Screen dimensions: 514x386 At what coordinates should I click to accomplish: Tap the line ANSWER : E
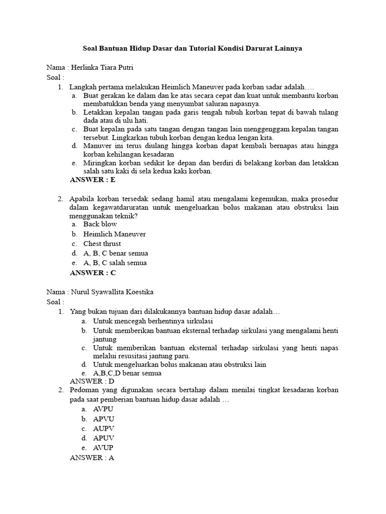tap(92, 180)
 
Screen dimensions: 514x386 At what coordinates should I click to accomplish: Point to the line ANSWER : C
tap(92, 273)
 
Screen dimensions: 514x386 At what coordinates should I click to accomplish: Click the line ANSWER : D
tap(92, 381)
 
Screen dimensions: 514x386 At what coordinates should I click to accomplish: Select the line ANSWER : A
tap(92, 458)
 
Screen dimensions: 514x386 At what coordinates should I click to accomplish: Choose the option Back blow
tap(100, 224)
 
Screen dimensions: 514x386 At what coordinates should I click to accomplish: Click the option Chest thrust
tap(102, 243)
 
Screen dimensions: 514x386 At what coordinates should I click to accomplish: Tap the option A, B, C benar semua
tap(116, 253)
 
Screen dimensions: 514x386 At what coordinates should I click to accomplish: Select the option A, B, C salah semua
tap(115, 263)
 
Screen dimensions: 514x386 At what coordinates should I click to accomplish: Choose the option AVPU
tap(104, 409)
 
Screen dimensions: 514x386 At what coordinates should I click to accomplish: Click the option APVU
tap(104, 419)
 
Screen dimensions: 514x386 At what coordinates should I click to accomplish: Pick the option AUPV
tap(104, 428)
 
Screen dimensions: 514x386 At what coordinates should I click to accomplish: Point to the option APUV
tap(104, 438)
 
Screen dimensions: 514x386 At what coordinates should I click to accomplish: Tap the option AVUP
tap(104, 447)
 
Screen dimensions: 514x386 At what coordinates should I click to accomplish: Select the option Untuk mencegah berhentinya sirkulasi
tap(153, 321)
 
